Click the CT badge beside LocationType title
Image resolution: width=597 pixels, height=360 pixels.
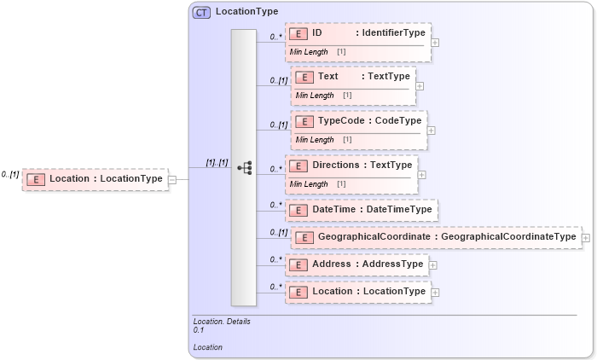(201, 12)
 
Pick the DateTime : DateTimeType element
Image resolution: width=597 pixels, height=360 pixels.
(362, 209)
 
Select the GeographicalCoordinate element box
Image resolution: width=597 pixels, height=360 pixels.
(435, 236)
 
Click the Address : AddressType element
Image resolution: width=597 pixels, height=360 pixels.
(356, 264)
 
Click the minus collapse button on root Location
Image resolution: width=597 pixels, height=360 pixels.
(172, 179)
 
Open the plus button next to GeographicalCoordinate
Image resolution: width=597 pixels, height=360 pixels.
(585, 237)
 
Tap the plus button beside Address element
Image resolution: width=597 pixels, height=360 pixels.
(433, 265)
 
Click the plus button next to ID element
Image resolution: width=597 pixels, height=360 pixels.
(435, 42)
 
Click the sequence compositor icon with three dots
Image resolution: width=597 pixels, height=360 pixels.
(244, 168)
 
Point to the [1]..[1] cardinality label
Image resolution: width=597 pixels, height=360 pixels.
(217, 162)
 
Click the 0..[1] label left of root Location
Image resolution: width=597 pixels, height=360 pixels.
(10, 174)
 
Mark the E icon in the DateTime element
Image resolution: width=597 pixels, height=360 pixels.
(298, 209)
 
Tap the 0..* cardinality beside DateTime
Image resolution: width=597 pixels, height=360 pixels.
(275, 205)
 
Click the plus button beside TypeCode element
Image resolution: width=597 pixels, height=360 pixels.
(431, 130)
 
